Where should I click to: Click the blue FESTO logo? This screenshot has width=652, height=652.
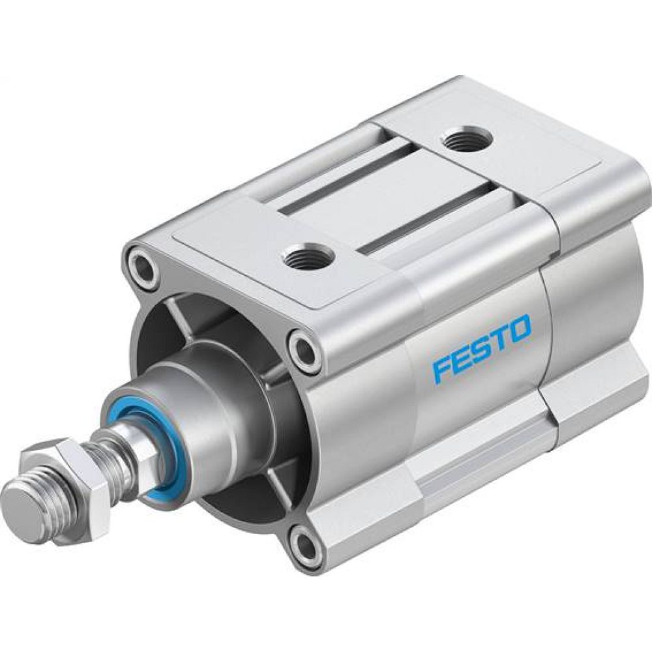[482, 349]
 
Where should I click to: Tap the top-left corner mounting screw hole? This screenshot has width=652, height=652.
[143, 266]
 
